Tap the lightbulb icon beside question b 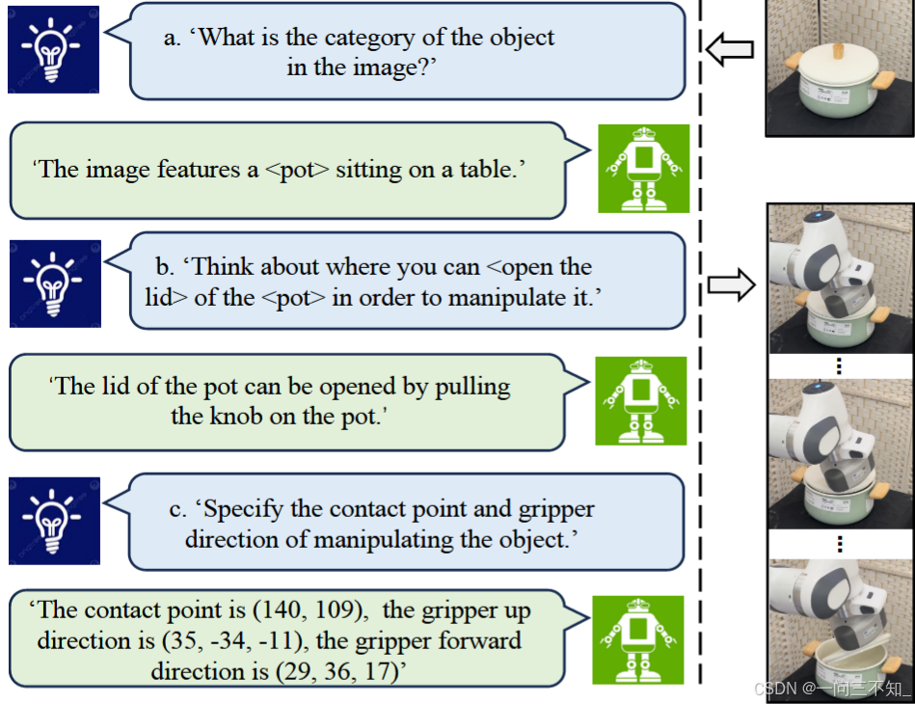coord(55,284)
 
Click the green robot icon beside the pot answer coord(643,169)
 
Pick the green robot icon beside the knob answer coord(640,401)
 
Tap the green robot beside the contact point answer coord(637,640)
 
